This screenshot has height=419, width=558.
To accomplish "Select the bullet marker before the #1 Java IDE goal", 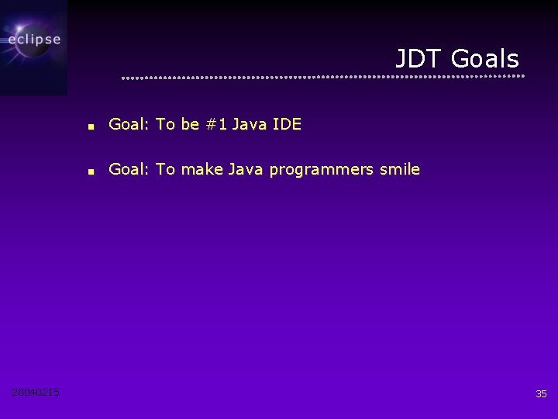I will click(x=91, y=125).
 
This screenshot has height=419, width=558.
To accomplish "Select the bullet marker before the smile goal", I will click(x=91, y=171).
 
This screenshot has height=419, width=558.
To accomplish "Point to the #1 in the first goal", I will click(x=215, y=124).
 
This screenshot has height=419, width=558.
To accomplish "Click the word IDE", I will click(x=287, y=124).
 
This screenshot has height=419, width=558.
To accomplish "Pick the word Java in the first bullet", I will click(x=249, y=124).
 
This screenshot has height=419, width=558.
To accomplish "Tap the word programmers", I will click(x=324, y=170).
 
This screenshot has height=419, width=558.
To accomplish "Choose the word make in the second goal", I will click(x=201, y=169).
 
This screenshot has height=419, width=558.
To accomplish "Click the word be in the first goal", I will click(x=191, y=124).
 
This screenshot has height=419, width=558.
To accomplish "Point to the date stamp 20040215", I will click(x=36, y=393).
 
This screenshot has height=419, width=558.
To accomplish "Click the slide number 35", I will click(x=541, y=394).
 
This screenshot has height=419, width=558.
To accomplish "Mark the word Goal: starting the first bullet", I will click(x=129, y=124).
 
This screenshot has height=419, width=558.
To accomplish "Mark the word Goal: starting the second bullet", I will click(x=129, y=169).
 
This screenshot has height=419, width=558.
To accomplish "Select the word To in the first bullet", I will click(x=165, y=124).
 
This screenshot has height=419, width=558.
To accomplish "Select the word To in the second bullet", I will click(x=165, y=169).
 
